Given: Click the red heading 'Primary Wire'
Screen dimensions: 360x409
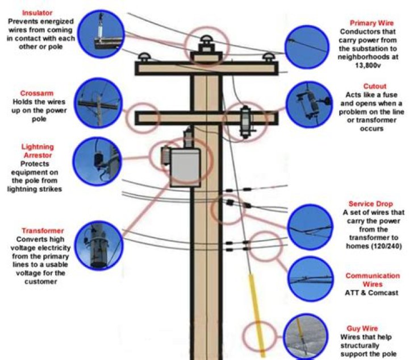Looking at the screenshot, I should pyautogui.click(x=368, y=23).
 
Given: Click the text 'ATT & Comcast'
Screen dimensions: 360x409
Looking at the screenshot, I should pyautogui.click(x=372, y=293).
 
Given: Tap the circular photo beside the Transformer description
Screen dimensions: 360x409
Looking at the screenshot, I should pyautogui.click(x=101, y=245).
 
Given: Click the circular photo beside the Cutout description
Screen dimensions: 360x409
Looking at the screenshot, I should pyautogui.click(x=311, y=105).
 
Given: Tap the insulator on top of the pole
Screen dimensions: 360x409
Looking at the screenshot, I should pyautogui.click(x=204, y=44).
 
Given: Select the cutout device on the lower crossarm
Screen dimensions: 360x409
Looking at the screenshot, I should pyautogui.click(x=246, y=121).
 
